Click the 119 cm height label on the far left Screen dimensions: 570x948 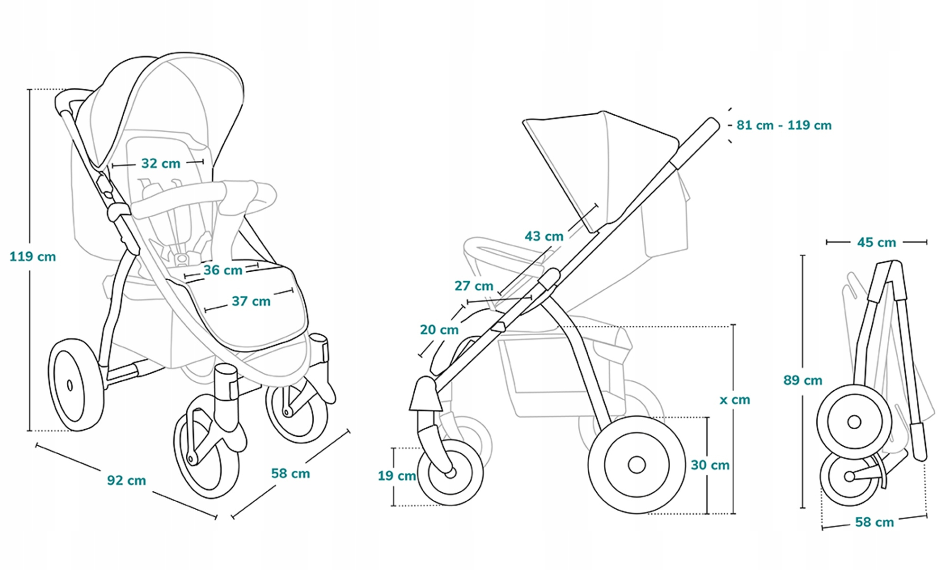tap(33, 257)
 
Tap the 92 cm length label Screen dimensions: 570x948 tap(126, 480)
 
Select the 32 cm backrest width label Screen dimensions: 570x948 tap(161, 164)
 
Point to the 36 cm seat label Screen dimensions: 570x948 tap(223, 270)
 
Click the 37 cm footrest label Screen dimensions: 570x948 tap(251, 301)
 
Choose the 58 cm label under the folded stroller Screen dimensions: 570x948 tap(874, 522)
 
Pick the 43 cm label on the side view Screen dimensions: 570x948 tap(544, 236)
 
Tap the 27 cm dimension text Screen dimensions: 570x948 tap(474, 286)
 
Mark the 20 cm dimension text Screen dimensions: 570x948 tap(439, 330)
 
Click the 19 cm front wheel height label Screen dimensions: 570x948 tap(396, 476)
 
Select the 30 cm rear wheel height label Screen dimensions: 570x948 tap(710, 465)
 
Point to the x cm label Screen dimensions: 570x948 tap(735, 400)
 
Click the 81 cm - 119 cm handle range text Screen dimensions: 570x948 tap(784, 126)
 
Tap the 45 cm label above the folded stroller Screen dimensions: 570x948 tap(876, 243)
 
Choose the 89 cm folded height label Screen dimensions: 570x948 tap(802, 380)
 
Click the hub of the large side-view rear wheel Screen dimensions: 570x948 tap(637, 465)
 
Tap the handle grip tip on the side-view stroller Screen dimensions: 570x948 tap(711, 124)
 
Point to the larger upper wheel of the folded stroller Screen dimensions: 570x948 tap(854, 422)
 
